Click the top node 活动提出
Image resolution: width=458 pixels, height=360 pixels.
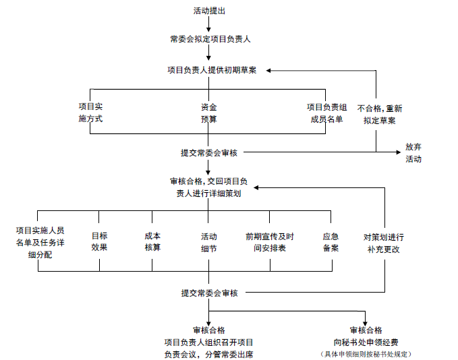pos(209,11)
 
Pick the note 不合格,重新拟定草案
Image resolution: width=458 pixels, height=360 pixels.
pos(380,114)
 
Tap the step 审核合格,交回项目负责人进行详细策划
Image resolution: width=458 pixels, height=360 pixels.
pos(208,187)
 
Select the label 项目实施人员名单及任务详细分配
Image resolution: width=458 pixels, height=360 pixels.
pos(40,242)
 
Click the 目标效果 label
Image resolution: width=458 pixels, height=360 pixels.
pos(99,241)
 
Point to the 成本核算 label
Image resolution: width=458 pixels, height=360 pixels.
pos(152,241)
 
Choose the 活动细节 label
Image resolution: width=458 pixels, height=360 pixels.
pos(208,242)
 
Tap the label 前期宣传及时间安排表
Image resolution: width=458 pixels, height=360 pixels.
pos(269,242)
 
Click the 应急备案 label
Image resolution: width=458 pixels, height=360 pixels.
pos(331,242)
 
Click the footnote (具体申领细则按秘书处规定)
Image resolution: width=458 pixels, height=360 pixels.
pos(366,354)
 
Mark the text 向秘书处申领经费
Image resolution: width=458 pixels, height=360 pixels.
pos(366,342)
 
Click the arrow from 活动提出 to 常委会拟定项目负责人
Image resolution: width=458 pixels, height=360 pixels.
pos(209,24)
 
